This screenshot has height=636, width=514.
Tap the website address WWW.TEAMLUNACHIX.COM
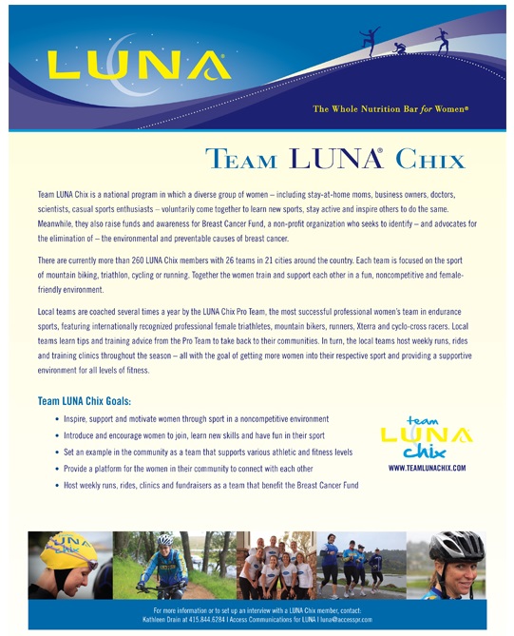click(427, 469)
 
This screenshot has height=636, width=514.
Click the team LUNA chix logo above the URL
click(426, 438)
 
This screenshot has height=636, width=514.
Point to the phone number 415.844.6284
click(219, 618)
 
